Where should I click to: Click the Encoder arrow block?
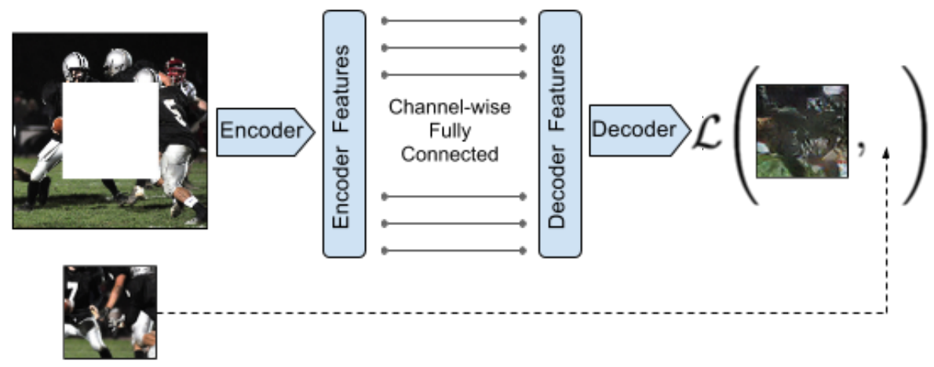pos(265,132)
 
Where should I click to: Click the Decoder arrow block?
pos(640,131)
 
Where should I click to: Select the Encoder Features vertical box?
pos(345,134)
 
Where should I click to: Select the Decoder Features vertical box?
pos(560,134)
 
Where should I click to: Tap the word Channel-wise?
pos(450,107)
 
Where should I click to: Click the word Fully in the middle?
pos(450,131)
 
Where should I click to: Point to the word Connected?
pos(450,154)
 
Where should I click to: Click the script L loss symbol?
pos(708,132)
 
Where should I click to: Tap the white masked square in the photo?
pos(111,130)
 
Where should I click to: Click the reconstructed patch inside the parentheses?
pos(802,132)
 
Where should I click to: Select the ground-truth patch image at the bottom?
pos(110,312)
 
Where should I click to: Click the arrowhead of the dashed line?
pos(886,153)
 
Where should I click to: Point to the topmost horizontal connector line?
pos(454,21)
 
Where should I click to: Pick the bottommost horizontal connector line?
pos(454,251)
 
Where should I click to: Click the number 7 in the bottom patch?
pos(72,292)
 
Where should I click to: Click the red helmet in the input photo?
pos(176,67)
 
